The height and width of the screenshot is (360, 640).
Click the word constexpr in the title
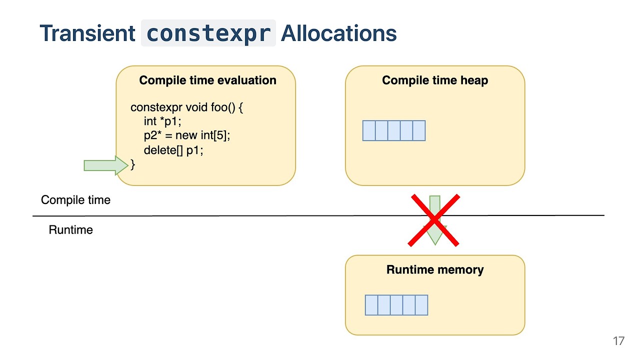pyautogui.click(x=208, y=33)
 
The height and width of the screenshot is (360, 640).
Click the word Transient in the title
pyautogui.click(x=87, y=33)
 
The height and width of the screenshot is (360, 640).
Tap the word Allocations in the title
pyautogui.click(x=338, y=33)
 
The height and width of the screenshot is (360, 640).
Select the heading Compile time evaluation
pyautogui.click(x=207, y=80)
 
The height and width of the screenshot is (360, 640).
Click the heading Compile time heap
pyautogui.click(x=435, y=80)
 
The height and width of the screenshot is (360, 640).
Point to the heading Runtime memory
pyautogui.click(x=435, y=270)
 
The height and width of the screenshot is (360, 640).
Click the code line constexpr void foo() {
pyautogui.click(x=186, y=107)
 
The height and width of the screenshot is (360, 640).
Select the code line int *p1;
pyautogui.click(x=162, y=121)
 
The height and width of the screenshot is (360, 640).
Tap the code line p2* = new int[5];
pyautogui.click(x=186, y=135)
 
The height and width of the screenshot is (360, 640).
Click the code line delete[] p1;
pyautogui.click(x=173, y=150)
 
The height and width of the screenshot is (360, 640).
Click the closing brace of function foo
pyautogui.click(x=132, y=164)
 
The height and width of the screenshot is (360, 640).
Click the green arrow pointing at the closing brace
pyautogui.click(x=105, y=165)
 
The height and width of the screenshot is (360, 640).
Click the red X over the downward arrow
pyautogui.click(x=434, y=220)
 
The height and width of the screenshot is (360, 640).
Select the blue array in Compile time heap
pyautogui.click(x=394, y=130)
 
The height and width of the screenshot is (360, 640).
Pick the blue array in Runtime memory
pyautogui.click(x=396, y=305)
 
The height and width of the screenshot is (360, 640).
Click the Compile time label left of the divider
pyautogui.click(x=75, y=200)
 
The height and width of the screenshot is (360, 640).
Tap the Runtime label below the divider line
pyautogui.click(x=70, y=230)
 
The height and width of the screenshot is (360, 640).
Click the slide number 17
pyautogui.click(x=618, y=341)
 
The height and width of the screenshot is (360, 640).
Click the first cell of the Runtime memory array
pyautogui.click(x=371, y=305)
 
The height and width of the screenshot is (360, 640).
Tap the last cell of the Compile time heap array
pyautogui.click(x=419, y=130)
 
